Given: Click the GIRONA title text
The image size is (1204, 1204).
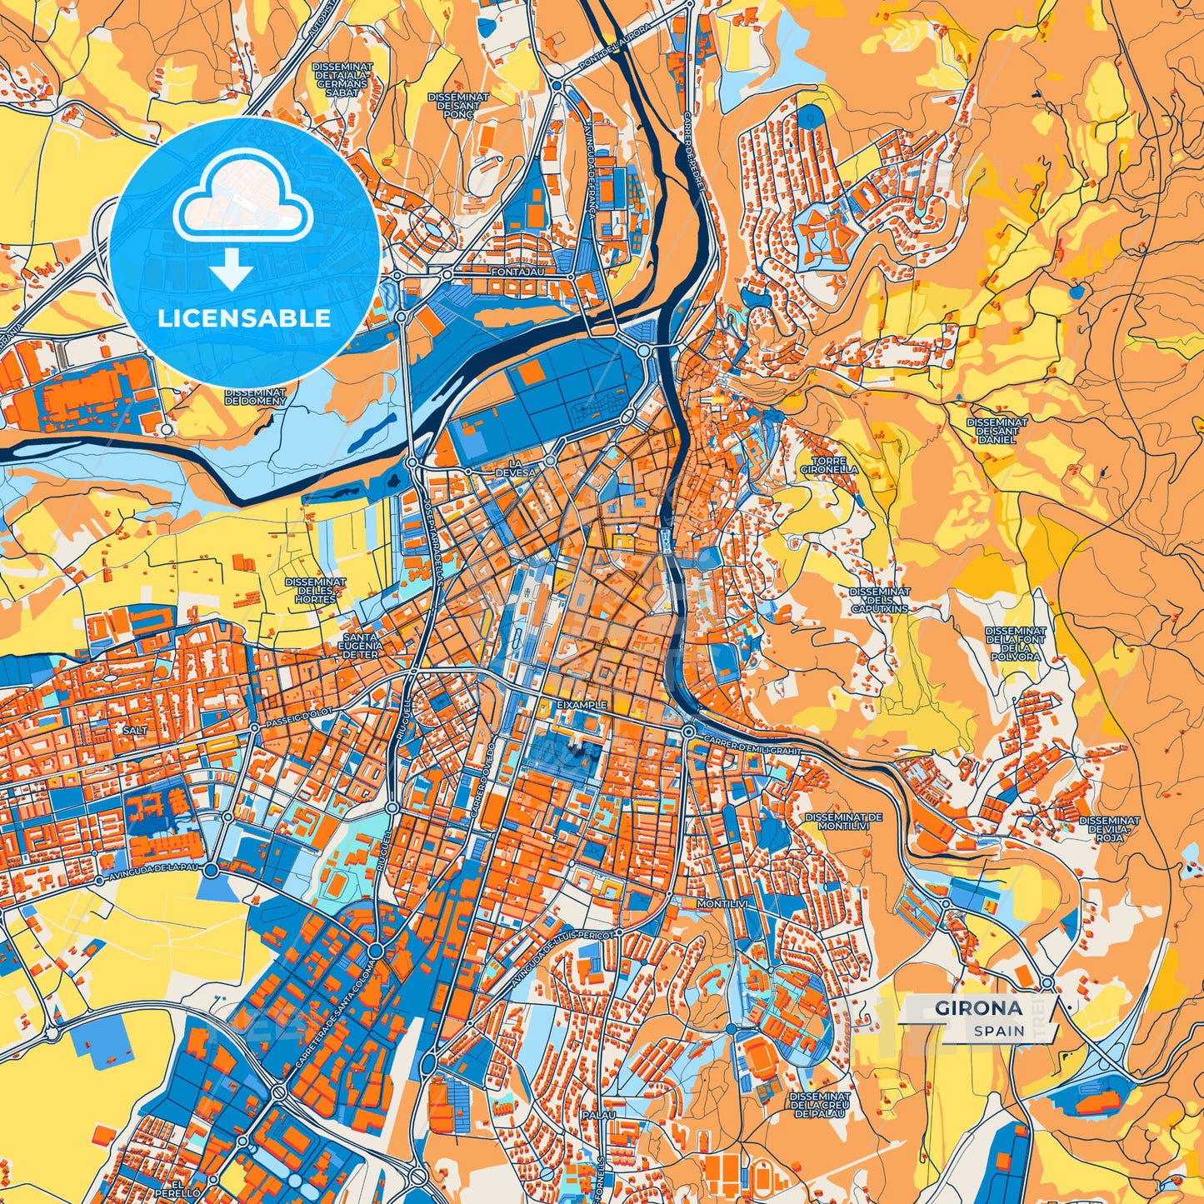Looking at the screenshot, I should [978, 1007].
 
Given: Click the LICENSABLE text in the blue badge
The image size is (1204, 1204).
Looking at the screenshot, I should [244, 318].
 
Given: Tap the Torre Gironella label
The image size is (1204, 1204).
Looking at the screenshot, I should [829, 465].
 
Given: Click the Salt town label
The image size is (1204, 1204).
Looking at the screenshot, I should [134, 730].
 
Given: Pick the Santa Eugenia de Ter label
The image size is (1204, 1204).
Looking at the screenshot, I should [362, 646].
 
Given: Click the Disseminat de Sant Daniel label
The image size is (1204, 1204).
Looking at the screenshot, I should [997, 431].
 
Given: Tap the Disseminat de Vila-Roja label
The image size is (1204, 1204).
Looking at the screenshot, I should [1109, 828].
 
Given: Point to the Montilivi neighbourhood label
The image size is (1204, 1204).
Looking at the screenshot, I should [718, 903].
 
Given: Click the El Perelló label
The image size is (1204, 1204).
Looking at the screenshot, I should [184, 1188].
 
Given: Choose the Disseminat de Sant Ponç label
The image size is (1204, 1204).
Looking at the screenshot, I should [458, 106].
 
